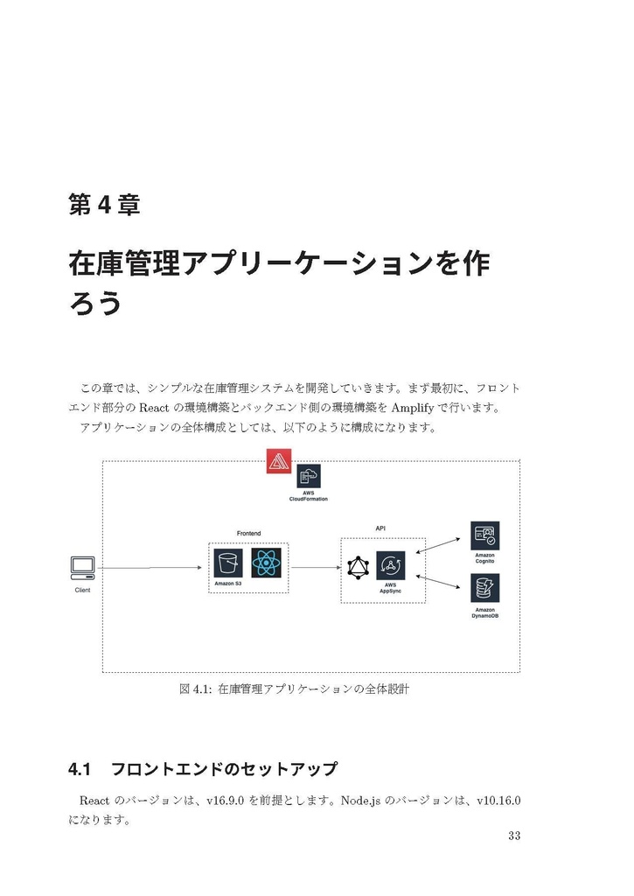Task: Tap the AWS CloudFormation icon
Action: (308, 476)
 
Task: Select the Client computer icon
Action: (82, 568)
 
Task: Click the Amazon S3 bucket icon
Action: (228, 563)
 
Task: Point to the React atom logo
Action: (266, 562)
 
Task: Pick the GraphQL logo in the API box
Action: (359, 567)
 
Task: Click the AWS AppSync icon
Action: (390, 565)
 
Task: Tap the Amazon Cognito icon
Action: (484, 535)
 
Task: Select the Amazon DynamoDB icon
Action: (484, 587)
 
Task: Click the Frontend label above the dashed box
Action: (248, 534)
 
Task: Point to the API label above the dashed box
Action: (380, 528)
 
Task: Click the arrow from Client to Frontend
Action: (149, 569)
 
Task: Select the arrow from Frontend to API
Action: (315, 568)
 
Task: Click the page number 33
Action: (513, 836)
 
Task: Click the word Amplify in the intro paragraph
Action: (419, 408)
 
